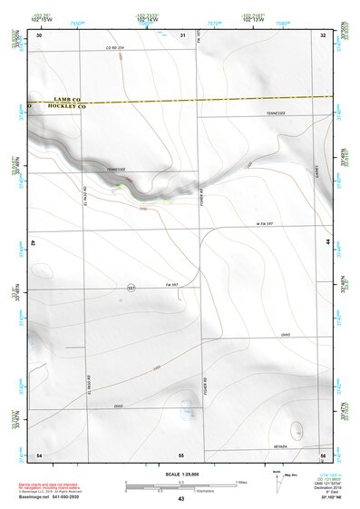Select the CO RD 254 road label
(x=114, y=46)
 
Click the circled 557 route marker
(x=131, y=288)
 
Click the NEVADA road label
(x=280, y=446)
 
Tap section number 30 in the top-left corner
(x=39, y=34)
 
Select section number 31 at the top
(x=183, y=34)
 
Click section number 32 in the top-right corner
(x=323, y=34)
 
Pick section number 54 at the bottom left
(x=39, y=454)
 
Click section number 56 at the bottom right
(x=323, y=454)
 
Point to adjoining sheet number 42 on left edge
(x=33, y=243)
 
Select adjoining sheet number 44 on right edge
(x=327, y=243)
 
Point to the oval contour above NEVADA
(x=297, y=427)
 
